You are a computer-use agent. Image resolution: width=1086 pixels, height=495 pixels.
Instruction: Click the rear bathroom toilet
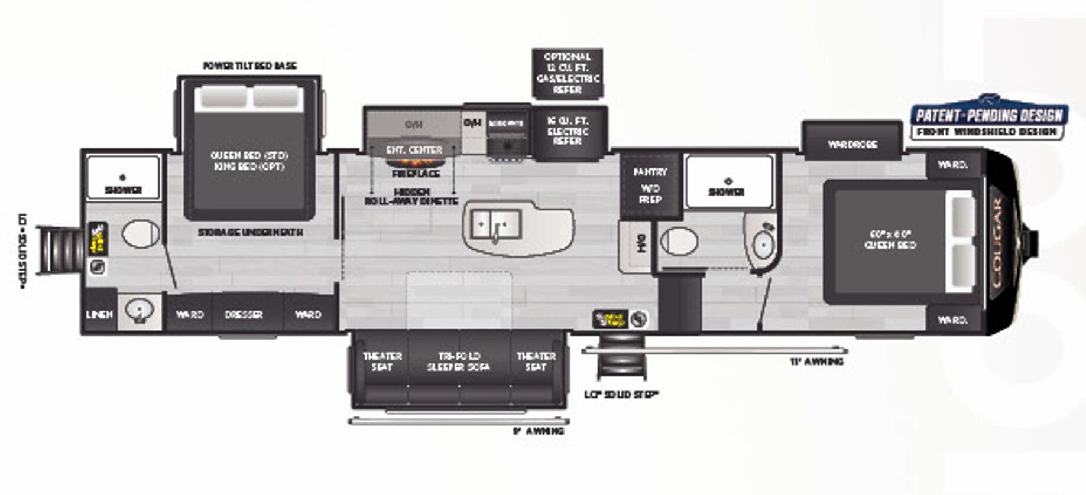[141, 235]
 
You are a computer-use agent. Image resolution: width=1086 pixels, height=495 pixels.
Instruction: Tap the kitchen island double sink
[495, 224]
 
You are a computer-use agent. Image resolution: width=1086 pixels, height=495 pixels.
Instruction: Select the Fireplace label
[416, 174]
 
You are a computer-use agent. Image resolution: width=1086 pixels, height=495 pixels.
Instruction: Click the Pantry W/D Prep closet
[650, 185]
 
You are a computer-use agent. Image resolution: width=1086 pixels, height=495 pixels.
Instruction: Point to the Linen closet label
[99, 314]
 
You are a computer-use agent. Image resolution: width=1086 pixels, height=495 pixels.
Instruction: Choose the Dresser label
[244, 315]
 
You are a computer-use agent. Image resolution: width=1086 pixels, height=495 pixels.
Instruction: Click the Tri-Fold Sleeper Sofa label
[459, 362]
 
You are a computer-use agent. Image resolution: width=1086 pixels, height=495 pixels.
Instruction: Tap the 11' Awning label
[816, 362]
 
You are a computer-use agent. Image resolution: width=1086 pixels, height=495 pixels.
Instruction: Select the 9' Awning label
[538, 431]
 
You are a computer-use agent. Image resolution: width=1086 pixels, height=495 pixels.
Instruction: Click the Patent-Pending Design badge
[989, 120]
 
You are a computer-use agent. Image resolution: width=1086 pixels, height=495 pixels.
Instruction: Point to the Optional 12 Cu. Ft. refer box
[568, 73]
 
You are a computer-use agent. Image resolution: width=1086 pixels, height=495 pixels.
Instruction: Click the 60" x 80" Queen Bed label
[890, 239]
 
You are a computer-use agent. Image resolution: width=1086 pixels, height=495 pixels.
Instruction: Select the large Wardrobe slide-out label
[852, 144]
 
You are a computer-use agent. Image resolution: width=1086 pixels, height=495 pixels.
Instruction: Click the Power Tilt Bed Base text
[249, 66]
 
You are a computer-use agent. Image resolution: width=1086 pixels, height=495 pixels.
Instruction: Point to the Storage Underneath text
[250, 233]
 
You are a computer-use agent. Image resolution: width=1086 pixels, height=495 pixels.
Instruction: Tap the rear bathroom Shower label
[123, 190]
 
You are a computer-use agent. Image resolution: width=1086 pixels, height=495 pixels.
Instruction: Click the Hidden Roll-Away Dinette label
[411, 197]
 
